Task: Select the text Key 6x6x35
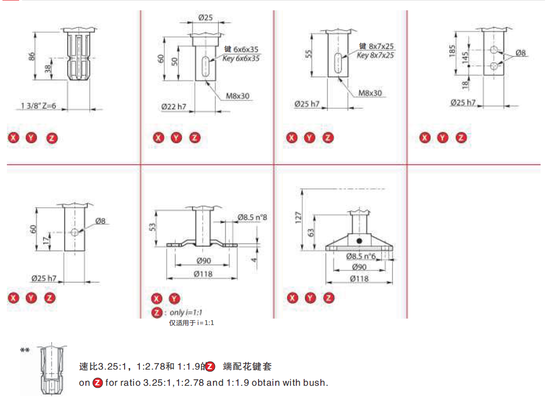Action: (x=242, y=58)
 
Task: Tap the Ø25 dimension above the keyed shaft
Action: (x=206, y=18)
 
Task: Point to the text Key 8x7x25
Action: (x=375, y=55)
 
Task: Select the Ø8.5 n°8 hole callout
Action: (x=252, y=217)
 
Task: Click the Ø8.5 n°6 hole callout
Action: (x=361, y=256)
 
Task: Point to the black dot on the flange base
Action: (x=360, y=241)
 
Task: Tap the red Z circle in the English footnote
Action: (x=98, y=383)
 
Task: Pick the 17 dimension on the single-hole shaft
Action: (x=46, y=241)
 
